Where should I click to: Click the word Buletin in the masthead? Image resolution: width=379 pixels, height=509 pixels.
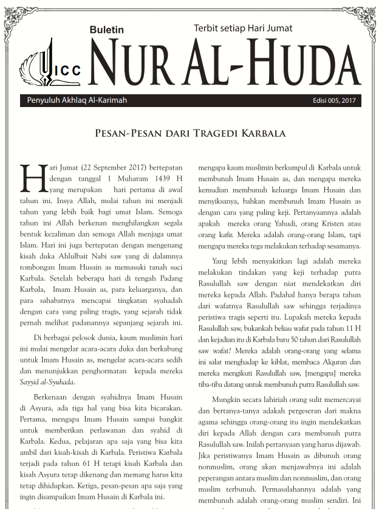pos(106,30)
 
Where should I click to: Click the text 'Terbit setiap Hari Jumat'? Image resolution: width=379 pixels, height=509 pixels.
pos(243,28)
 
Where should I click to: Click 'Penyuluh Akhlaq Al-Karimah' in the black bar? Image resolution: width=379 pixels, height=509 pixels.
pos(77,100)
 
